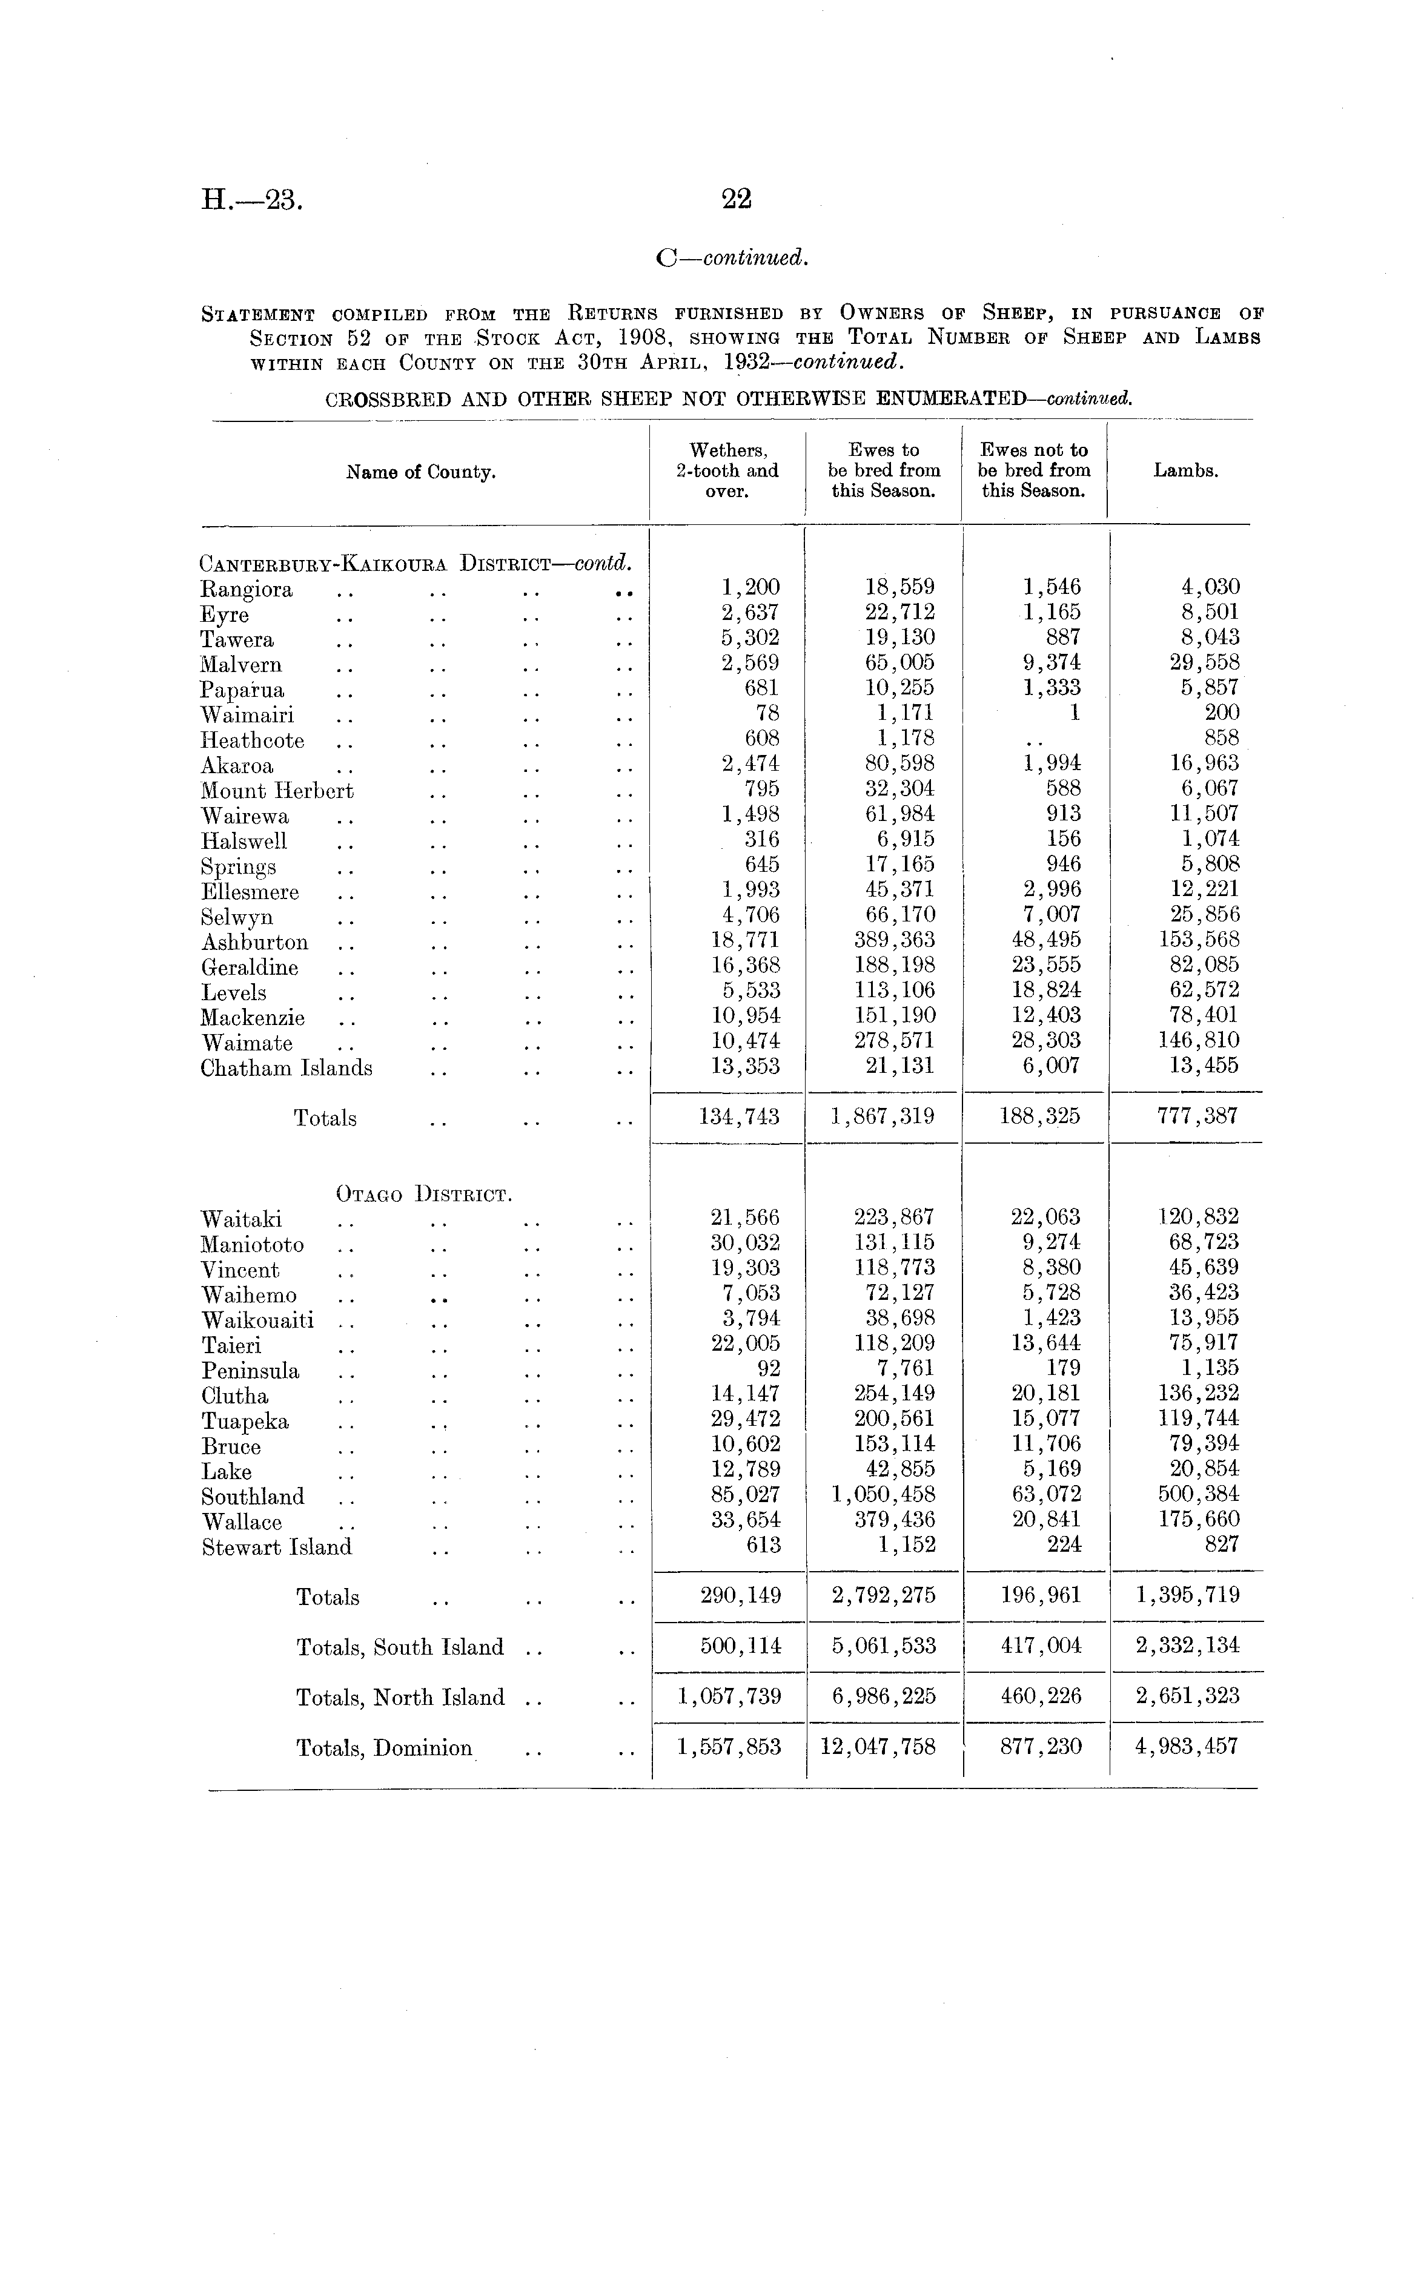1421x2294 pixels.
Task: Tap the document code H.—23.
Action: (x=251, y=200)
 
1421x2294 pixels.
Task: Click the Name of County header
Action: (x=420, y=472)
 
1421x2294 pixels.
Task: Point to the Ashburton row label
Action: (x=254, y=942)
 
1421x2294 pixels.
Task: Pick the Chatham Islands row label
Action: (x=286, y=1068)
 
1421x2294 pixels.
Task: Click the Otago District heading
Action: (x=424, y=1195)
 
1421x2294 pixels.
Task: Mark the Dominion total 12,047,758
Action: (x=878, y=1747)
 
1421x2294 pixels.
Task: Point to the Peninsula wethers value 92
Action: (x=768, y=1369)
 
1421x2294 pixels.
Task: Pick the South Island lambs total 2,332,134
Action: (x=1187, y=1646)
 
